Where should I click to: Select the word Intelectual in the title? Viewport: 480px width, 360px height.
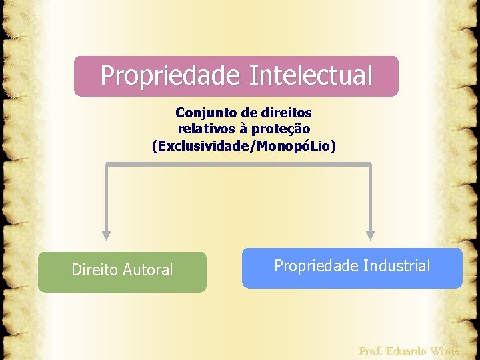click(x=311, y=75)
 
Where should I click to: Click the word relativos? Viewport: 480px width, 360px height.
click(x=205, y=128)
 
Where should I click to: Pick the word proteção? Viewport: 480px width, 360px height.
click(x=282, y=128)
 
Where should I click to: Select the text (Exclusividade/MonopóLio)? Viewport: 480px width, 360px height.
click(x=244, y=145)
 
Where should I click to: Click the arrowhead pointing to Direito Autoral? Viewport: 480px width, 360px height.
click(x=106, y=235)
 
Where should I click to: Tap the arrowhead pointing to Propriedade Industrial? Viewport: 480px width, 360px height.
click(x=371, y=235)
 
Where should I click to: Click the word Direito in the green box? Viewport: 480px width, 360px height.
click(x=95, y=270)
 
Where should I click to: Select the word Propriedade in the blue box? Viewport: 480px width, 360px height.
click(x=317, y=266)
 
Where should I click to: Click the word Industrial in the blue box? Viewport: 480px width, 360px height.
click(x=397, y=266)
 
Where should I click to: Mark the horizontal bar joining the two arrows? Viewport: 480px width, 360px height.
click(x=238, y=164)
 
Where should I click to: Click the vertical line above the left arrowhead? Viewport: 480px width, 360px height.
click(x=106, y=197)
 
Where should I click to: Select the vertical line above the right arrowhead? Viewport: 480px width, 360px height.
click(x=371, y=197)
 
